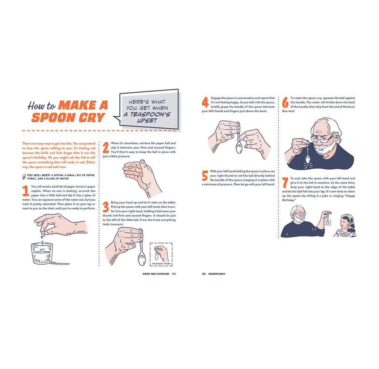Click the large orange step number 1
coord(26,191)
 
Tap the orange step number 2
coord(106,147)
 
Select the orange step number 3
coord(106,207)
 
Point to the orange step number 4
coord(205,102)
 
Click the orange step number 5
coord(205,176)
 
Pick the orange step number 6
coord(285,102)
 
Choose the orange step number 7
coord(285,183)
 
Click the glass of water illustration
coord(42,253)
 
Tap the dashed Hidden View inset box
coord(161,255)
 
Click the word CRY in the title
coord(91,117)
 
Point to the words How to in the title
coord(41,106)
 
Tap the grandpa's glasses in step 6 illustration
coord(322,139)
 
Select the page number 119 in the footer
coord(174,274)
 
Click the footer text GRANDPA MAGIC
coord(217,274)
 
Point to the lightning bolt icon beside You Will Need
coord(24,177)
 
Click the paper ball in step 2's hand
coord(130,168)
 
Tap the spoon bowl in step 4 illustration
coord(239,147)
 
